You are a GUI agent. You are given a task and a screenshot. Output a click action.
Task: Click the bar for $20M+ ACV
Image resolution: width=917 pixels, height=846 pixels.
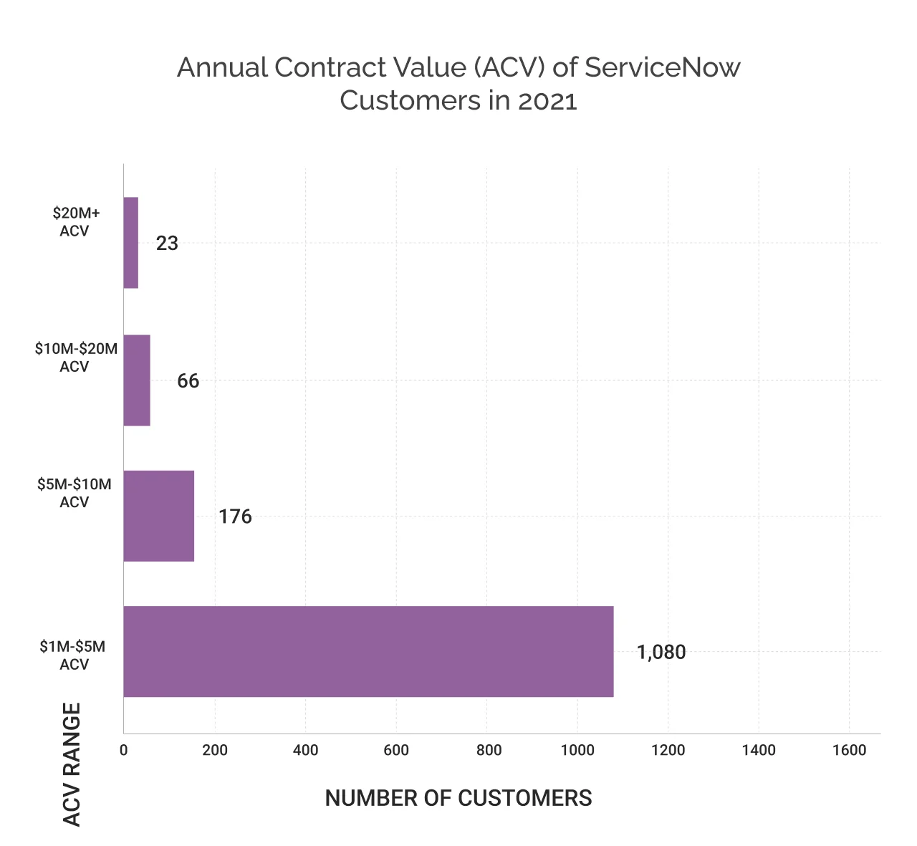[x=131, y=243]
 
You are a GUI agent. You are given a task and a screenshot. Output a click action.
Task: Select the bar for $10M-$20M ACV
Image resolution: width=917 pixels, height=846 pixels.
[x=137, y=380]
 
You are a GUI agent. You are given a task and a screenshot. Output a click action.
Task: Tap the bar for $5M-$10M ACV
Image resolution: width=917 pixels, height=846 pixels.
[x=159, y=516]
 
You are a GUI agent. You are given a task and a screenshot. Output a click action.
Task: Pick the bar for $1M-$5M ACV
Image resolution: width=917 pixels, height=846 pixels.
[x=368, y=651]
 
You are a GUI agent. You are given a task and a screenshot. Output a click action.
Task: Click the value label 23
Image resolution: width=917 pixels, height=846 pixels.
[x=167, y=244]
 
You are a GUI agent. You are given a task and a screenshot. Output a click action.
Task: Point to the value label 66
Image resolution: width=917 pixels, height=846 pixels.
[x=188, y=381]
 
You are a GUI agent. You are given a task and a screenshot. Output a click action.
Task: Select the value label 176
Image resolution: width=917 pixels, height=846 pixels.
[x=235, y=516]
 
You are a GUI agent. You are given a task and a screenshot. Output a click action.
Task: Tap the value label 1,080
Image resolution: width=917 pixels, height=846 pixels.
[x=661, y=653]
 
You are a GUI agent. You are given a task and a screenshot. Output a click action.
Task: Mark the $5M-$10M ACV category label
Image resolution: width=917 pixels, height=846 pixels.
[x=75, y=493]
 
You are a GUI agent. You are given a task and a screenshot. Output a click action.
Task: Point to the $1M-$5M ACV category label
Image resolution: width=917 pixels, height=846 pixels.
[x=73, y=655]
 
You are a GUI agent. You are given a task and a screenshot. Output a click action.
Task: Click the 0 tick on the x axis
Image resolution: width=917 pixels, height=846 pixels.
[x=124, y=750]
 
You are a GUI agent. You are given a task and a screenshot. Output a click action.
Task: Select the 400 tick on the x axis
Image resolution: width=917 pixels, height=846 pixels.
[x=305, y=750]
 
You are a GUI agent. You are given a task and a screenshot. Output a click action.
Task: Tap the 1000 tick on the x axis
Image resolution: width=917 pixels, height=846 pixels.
[x=577, y=750]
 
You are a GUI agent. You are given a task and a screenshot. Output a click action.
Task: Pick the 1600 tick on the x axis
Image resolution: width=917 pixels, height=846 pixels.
[x=850, y=750]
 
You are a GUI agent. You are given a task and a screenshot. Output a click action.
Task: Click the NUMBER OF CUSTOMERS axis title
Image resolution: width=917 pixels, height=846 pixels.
[x=458, y=798]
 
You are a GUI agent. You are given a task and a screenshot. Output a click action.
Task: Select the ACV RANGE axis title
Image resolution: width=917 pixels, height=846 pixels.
[x=72, y=764]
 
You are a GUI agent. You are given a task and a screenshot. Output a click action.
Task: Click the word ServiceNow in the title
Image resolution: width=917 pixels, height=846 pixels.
[x=662, y=67]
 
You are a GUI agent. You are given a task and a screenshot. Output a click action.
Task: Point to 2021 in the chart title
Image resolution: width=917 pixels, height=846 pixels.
[x=547, y=101]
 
